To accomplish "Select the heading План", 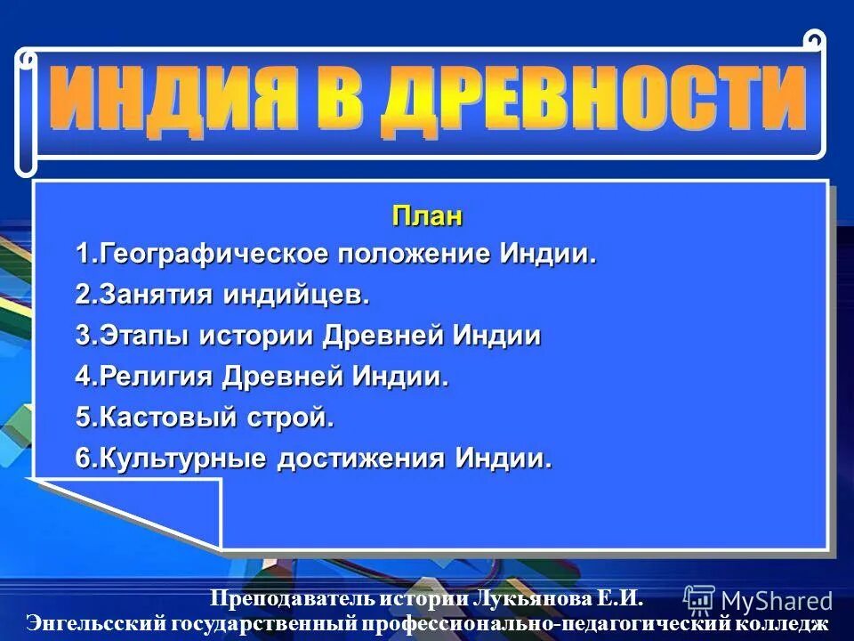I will (427, 216).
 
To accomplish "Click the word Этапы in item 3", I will (142, 336).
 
